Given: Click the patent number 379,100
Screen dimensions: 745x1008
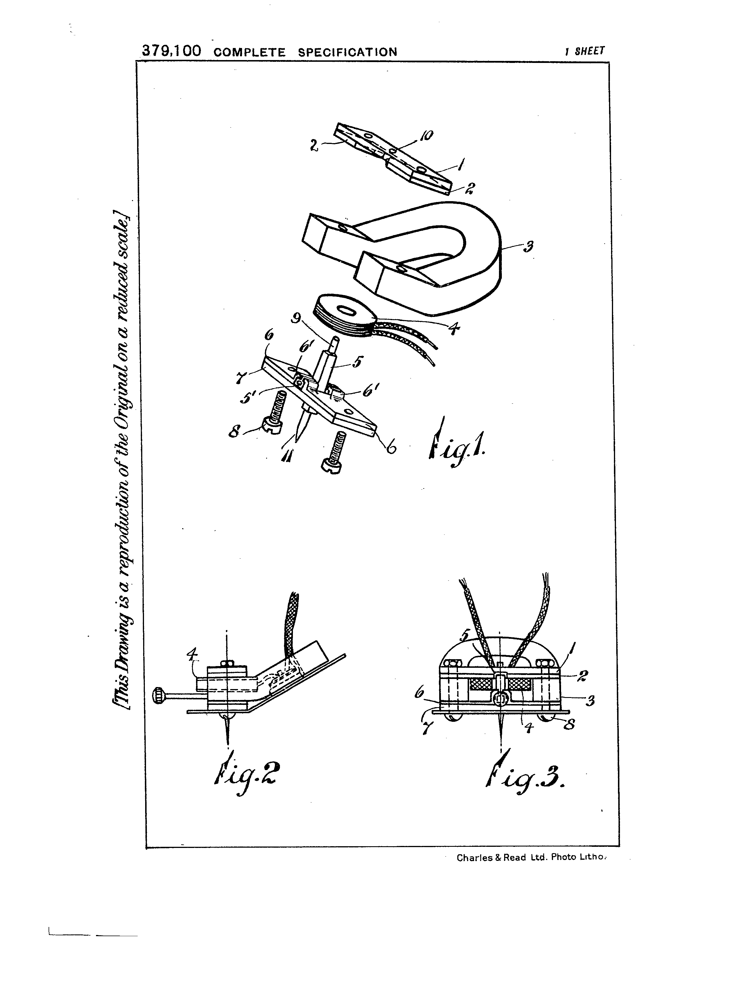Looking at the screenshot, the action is [x=171, y=51].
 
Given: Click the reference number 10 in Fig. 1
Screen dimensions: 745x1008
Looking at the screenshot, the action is [x=426, y=135].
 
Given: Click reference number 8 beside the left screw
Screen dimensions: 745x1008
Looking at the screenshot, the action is [x=235, y=432].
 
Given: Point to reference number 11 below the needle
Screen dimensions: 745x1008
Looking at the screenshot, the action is [x=285, y=457].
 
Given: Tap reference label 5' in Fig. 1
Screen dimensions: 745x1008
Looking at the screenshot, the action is [x=247, y=398].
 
